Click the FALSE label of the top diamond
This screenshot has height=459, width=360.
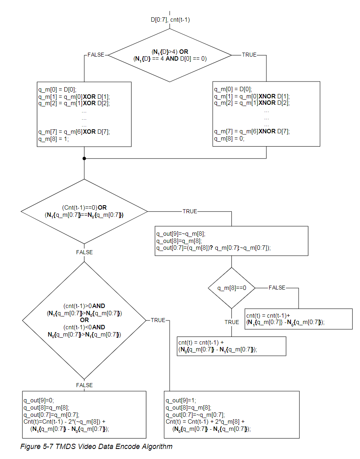click(x=96, y=55)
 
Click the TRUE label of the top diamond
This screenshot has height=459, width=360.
click(x=249, y=55)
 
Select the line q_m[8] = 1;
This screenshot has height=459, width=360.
click(x=54, y=139)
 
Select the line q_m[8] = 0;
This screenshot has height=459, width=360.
click(x=229, y=139)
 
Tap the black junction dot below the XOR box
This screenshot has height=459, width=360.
click(x=84, y=158)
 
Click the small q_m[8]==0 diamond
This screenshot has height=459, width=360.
click(x=231, y=288)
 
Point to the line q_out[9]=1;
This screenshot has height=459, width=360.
click(x=180, y=400)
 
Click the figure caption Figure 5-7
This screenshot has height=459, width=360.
click(x=96, y=446)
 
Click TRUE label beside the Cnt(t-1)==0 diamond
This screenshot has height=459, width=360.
click(x=190, y=211)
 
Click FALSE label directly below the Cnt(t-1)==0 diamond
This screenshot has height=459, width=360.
click(x=84, y=252)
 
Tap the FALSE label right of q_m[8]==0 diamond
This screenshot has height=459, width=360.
click(x=277, y=288)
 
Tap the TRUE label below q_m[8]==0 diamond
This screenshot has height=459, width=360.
click(x=231, y=322)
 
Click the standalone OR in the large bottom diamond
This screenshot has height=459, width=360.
click(x=84, y=320)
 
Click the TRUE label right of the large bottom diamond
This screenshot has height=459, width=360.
click(x=158, y=320)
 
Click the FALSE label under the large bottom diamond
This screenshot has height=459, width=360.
click(x=84, y=385)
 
